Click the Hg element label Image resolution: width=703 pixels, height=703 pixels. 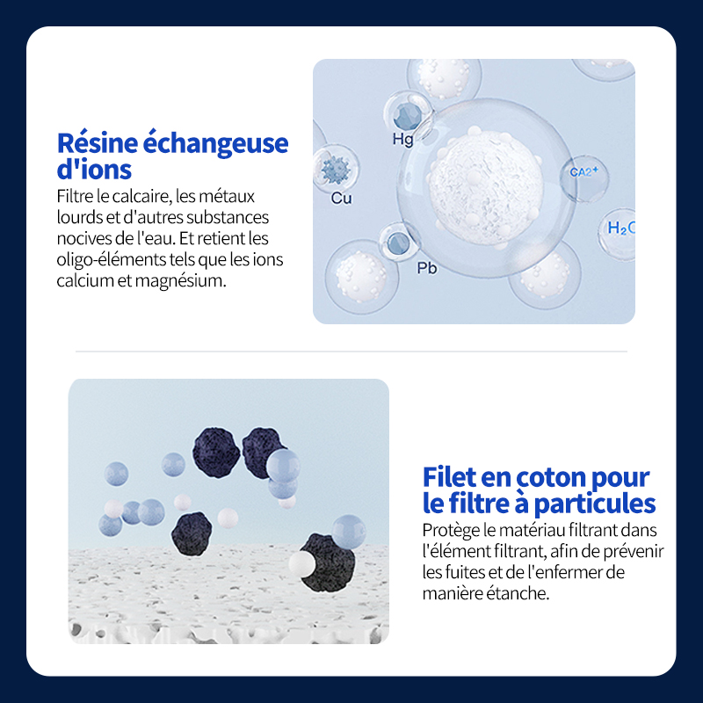[x=402, y=140]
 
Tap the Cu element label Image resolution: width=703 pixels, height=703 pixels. [x=341, y=198]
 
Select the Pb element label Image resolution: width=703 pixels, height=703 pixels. [x=427, y=268]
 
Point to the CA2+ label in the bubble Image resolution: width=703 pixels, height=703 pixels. [x=583, y=171]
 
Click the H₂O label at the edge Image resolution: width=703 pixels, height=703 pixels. [x=621, y=228]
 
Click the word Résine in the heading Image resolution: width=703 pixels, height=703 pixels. [x=98, y=143]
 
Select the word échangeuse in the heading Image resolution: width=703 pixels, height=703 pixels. [x=215, y=143]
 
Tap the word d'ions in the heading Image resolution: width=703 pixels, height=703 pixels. [x=94, y=169]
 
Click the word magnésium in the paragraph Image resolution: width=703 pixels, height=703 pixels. [x=180, y=281]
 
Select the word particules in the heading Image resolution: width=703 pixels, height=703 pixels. [x=595, y=504]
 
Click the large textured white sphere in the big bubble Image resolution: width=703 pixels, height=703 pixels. [x=487, y=187]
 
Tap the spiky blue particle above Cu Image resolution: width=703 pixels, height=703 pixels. [x=336, y=170]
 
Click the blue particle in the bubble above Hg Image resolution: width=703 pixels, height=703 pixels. [x=408, y=117]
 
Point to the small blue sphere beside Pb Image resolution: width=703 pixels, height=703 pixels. [x=398, y=244]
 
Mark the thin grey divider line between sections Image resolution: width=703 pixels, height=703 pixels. [x=351, y=351]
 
